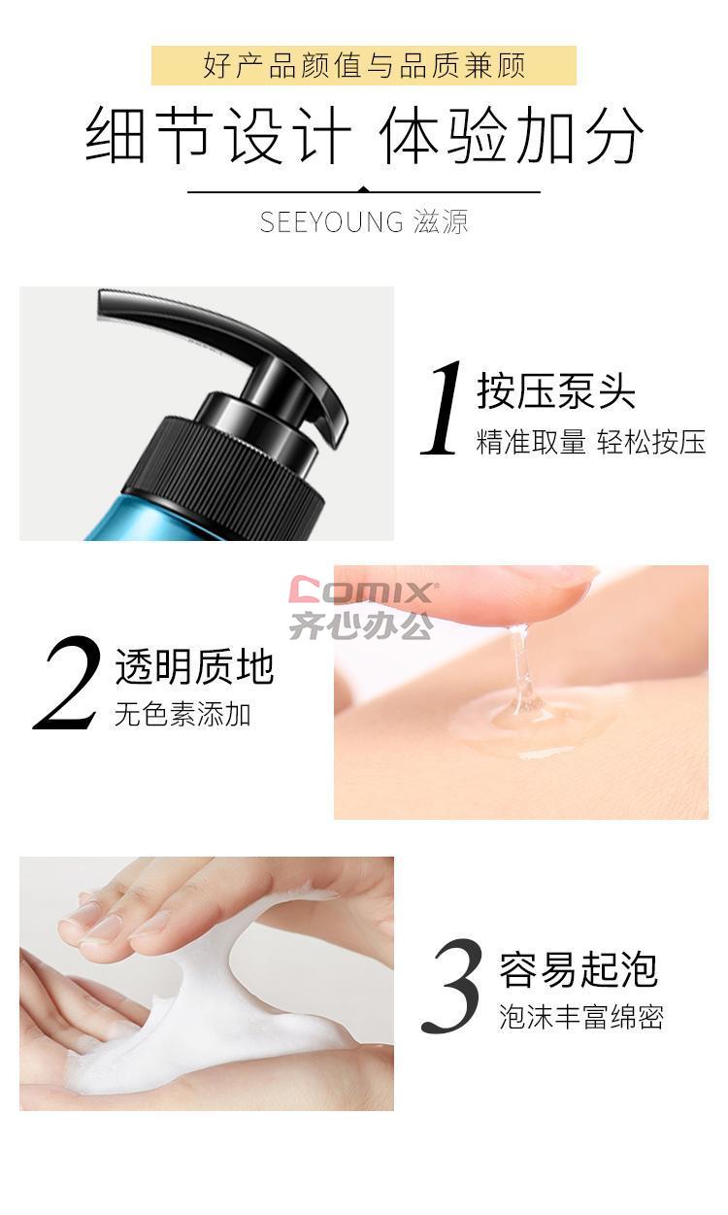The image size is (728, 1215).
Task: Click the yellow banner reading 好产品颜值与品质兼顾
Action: pyautogui.click(x=364, y=66)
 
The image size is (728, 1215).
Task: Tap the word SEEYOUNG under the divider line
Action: pyautogui.click(x=331, y=222)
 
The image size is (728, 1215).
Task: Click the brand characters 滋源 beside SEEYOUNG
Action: pyautogui.click(x=440, y=222)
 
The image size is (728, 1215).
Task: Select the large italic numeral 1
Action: pyautogui.click(x=443, y=408)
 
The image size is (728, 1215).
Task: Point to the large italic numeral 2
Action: pyautogui.click(x=67, y=683)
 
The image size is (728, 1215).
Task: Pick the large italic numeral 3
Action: pyautogui.click(x=451, y=986)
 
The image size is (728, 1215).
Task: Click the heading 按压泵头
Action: pyautogui.click(x=555, y=391)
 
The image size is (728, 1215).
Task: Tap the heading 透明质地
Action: pyautogui.click(x=194, y=667)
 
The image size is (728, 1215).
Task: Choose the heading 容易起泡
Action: pyautogui.click(x=578, y=970)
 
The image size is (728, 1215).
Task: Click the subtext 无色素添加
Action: pyautogui.click(x=182, y=714)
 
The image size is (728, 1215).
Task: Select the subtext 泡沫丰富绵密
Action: pyautogui.click(x=581, y=1017)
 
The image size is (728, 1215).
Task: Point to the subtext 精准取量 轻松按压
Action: pyautogui.click(x=591, y=442)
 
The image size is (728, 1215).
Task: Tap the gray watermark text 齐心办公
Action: pyautogui.click(x=361, y=625)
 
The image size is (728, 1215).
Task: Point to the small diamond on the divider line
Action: pyautogui.click(x=364, y=189)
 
